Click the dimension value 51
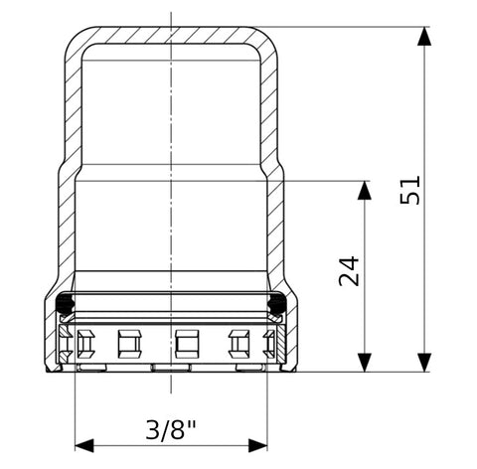pos(410,190)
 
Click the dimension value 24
pos(349,271)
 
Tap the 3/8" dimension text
pos(171,430)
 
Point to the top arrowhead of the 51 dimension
pos(424,36)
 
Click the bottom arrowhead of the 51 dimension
pos(424,363)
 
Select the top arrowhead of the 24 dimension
pos(365,190)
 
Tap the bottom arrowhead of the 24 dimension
pos(365,363)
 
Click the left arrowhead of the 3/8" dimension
pos(84,445)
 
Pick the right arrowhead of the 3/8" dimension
pos(257,445)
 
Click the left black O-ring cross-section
pos(65,303)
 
